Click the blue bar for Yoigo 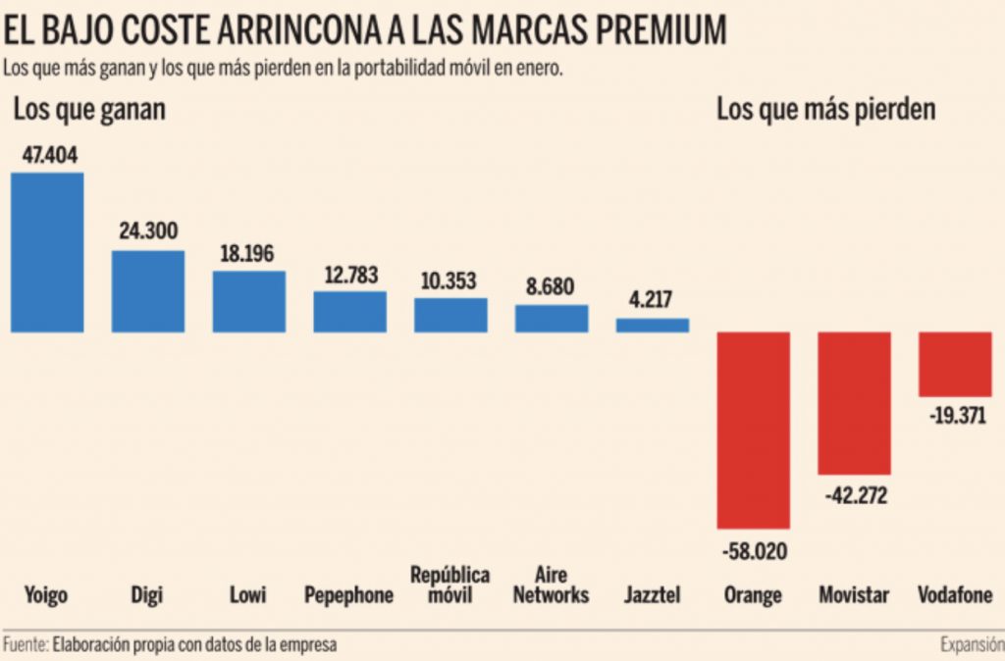(47, 252)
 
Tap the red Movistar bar (854, 402)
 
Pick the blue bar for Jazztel (653, 325)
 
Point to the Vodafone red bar (955, 364)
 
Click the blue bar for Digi (147, 291)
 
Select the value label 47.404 (48, 155)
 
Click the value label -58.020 (754, 550)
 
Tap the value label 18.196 (249, 253)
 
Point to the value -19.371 (955, 417)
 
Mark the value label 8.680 (552, 287)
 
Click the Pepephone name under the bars (349, 595)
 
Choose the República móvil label (450, 585)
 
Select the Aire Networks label (552, 585)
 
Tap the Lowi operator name (249, 595)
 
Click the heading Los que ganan (89, 110)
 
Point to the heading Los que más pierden (825, 110)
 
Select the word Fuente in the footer (25, 645)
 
